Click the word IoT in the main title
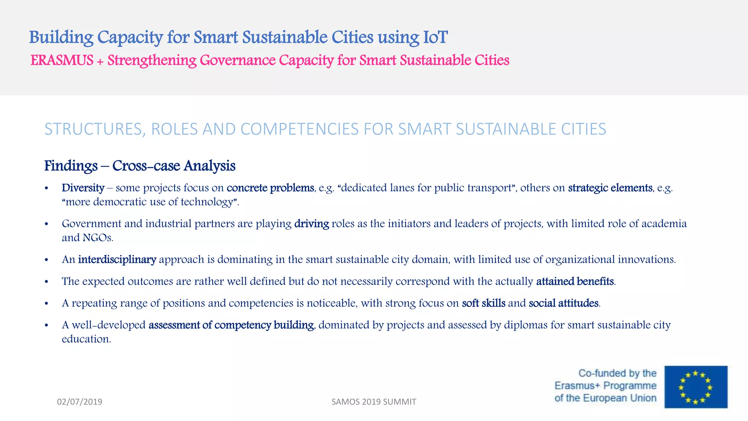point(435,37)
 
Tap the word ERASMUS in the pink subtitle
point(62,61)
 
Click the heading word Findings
point(71,166)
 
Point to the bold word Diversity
point(83,188)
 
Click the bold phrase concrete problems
point(270,188)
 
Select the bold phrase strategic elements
point(610,188)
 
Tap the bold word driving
point(312,224)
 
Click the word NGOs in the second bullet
point(98,238)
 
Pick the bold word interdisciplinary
point(117,259)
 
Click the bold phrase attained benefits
point(575,281)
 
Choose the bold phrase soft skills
point(484,303)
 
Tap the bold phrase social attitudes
point(564,303)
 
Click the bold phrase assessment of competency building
point(231,325)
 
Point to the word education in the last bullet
point(86,339)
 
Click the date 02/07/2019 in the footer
point(80,402)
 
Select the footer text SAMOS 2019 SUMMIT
point(374,402)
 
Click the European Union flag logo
point(696,387)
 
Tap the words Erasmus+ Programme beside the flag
point(605,386)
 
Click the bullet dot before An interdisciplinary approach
point(46,260)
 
